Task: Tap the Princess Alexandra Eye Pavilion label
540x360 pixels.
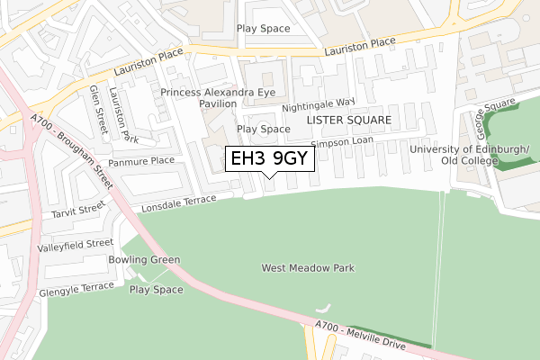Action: (198, 98)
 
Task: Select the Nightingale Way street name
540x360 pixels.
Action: (319, 106)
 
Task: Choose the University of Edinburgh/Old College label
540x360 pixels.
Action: (469, 155)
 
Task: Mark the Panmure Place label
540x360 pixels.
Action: (149, 160)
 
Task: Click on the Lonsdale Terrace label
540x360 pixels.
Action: (179, 202)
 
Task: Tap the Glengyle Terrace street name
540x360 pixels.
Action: (76, 290)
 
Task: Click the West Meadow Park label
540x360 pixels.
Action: (308, 268)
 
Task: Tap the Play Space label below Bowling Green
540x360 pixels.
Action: (156, 290)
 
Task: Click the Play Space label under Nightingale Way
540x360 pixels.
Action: (263, 129)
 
